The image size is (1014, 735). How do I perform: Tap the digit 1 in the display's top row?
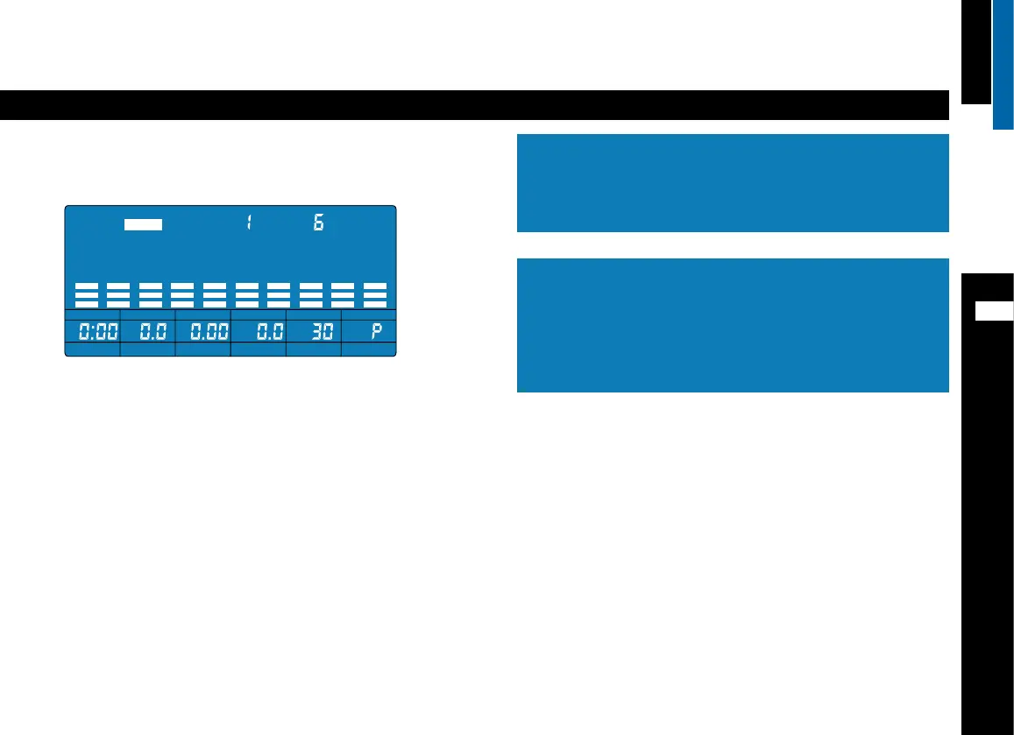click(x=248, y=223)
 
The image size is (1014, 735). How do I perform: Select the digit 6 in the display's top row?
click(x=319, y=223)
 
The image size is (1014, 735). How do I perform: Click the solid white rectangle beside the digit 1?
click(x=143, y=224)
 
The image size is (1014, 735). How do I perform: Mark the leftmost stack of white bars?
click(x=85, y=294)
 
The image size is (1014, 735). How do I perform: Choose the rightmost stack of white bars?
click(x=375, y=294)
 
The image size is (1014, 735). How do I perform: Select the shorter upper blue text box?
click(x=733, y=182)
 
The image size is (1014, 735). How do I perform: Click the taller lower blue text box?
click(x=733, y=325)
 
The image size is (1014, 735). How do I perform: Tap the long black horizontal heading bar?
click(x=474, y=105)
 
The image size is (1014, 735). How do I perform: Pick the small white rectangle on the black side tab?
click(x=995, y=311)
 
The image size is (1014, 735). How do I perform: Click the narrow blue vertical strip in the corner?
click(x=1003, y=64)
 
